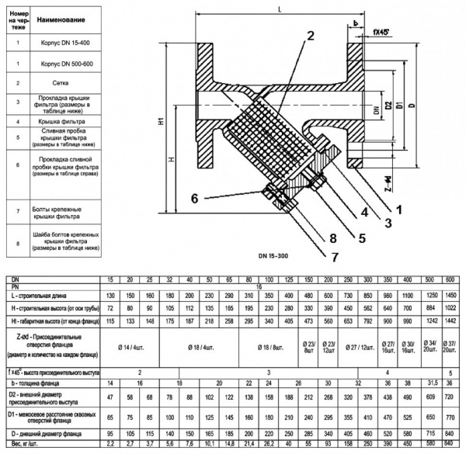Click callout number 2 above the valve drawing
[x=310, y=35]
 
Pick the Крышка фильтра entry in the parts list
[x=68, y=122]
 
